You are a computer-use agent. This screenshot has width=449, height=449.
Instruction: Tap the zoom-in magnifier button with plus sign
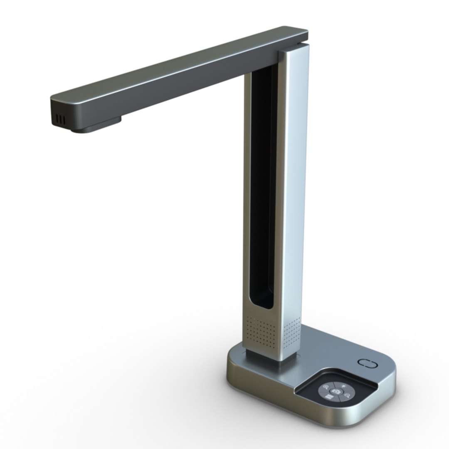click(x=326, y=387)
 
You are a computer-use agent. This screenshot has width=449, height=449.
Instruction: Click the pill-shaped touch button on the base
click(x=367, y=363)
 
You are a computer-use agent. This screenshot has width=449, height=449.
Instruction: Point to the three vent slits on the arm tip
click(x=61, y=120)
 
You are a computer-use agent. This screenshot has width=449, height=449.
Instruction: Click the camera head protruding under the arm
click(x=96, y=126)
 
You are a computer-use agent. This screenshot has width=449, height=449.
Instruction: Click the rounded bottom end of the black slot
click(x=261, y=306)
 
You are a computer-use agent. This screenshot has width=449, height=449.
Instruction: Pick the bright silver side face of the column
click(x=293, y=187)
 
